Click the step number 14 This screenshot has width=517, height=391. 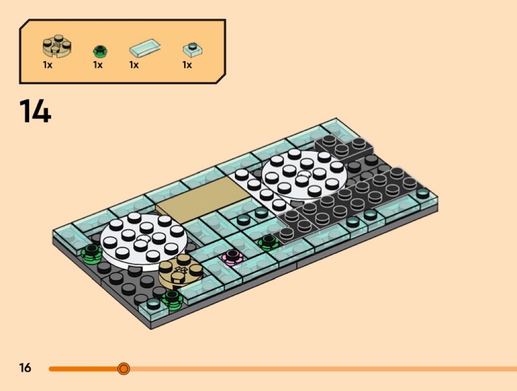point(35,111)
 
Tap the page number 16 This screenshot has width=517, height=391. point(25,368)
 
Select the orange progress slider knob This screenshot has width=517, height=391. point(124,368)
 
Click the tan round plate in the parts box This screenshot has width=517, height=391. point(57,46)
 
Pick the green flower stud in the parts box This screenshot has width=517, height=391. point(100,51)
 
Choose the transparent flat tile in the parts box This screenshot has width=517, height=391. point(145,47)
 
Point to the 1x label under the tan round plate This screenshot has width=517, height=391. point(47,65)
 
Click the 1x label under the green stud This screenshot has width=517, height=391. point(97,65)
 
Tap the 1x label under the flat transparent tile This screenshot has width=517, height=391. point(134,65)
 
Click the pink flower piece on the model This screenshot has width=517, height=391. point(232,257)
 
